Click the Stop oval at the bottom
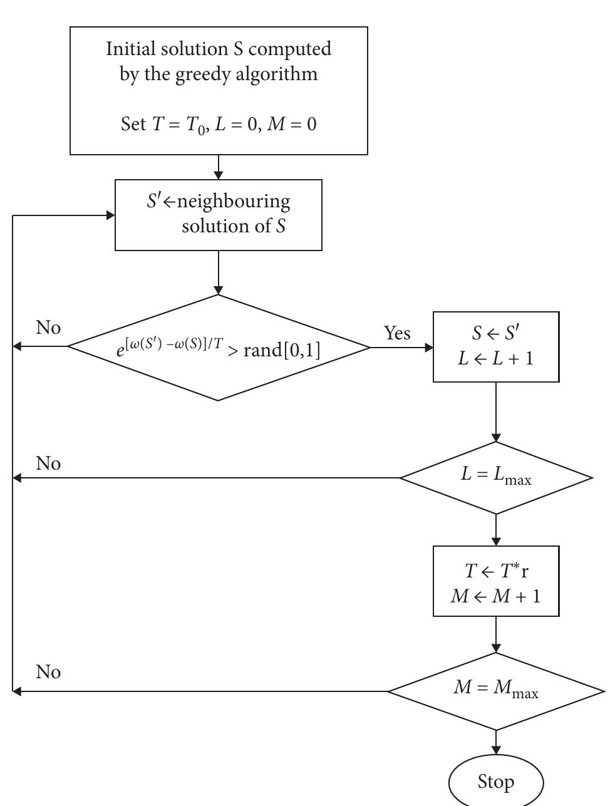[496, 782]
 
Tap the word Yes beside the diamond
[398, 333]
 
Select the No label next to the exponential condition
[48, 328]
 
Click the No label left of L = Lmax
[48, 463]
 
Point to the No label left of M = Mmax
[48, 672]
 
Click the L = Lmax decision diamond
[496, 478]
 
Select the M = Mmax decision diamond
[496, 691]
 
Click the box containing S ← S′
[496, 347]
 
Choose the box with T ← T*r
[496, 581]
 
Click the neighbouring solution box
[219, 215]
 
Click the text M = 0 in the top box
[291, 124]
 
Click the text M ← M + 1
[496, 594]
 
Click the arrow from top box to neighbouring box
[219, 167]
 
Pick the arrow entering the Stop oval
[496, 743]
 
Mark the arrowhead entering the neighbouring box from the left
[110, 215]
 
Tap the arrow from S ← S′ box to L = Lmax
[496, 412]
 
